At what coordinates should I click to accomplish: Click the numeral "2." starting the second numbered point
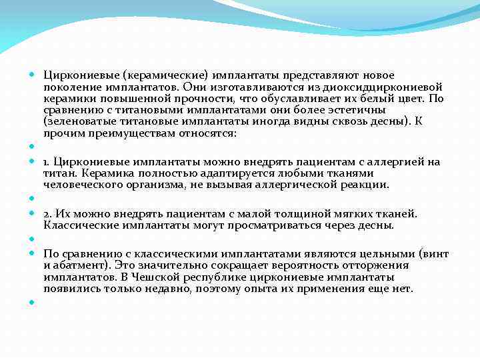(x=47, y=214)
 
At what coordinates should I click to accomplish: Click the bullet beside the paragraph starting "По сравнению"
(x=32, y=255)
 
